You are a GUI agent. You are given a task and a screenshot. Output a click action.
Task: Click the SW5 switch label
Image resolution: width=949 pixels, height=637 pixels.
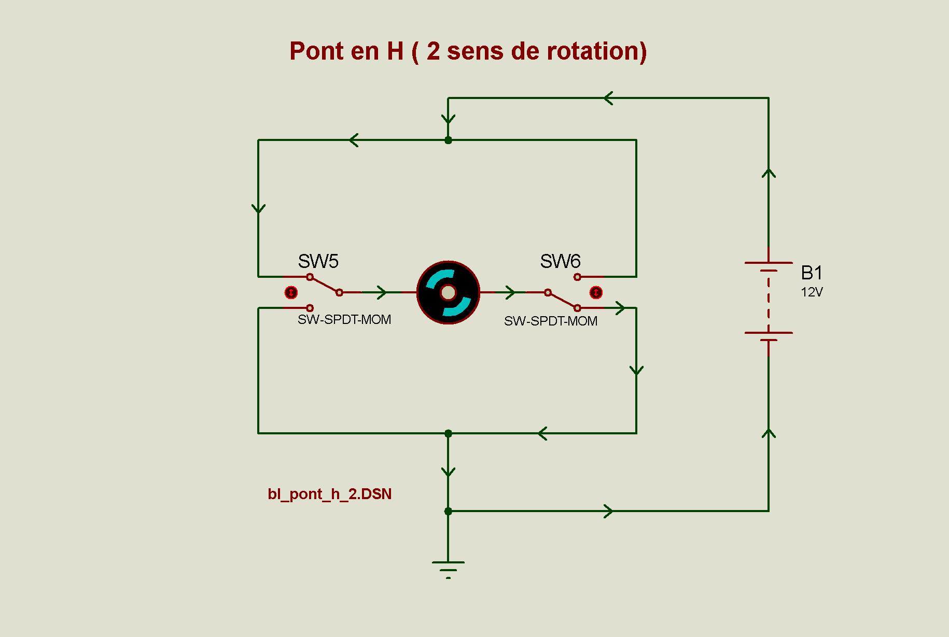pos(318,261)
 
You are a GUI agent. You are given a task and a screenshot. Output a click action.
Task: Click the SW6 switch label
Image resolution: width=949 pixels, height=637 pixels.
pos(560,261)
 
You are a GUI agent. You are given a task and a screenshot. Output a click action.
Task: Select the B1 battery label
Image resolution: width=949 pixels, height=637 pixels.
pos(812,273)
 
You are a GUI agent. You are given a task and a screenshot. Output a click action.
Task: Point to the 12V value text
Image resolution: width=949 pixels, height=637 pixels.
pos(812,292)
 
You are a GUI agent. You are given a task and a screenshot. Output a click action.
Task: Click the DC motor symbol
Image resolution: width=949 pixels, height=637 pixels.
pos(448,293)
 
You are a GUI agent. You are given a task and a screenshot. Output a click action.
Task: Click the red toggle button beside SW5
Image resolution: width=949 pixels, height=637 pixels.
pos(291,293)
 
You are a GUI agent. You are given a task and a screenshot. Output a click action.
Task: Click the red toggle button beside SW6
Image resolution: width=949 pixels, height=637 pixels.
pos(596,293)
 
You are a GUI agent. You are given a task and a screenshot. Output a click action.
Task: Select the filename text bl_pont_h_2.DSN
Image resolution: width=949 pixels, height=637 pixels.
pos(329,494)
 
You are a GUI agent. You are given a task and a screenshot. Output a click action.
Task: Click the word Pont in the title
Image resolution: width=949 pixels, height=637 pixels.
pos(316,51)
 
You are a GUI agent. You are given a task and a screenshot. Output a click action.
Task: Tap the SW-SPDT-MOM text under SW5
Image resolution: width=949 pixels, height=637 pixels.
pos(344,320)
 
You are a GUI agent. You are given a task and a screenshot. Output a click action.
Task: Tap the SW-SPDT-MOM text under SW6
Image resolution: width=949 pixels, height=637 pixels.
pos(551,321)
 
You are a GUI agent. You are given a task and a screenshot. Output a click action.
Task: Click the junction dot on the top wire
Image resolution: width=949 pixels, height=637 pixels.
pos(448,140)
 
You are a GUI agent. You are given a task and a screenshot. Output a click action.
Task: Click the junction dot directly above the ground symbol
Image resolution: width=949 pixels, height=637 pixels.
pos(448,511)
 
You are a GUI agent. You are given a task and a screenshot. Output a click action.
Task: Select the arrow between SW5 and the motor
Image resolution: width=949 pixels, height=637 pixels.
pos(382,292)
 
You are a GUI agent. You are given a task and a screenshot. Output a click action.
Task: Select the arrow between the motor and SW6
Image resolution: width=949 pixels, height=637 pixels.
pos(510,292)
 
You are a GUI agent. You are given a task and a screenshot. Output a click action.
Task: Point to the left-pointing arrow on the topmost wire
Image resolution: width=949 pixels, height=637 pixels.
pos(609,98)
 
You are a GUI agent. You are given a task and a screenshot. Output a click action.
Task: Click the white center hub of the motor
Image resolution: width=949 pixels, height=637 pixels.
pos(448,293)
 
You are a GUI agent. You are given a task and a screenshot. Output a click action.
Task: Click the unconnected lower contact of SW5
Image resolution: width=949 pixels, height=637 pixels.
pos(310,308)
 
